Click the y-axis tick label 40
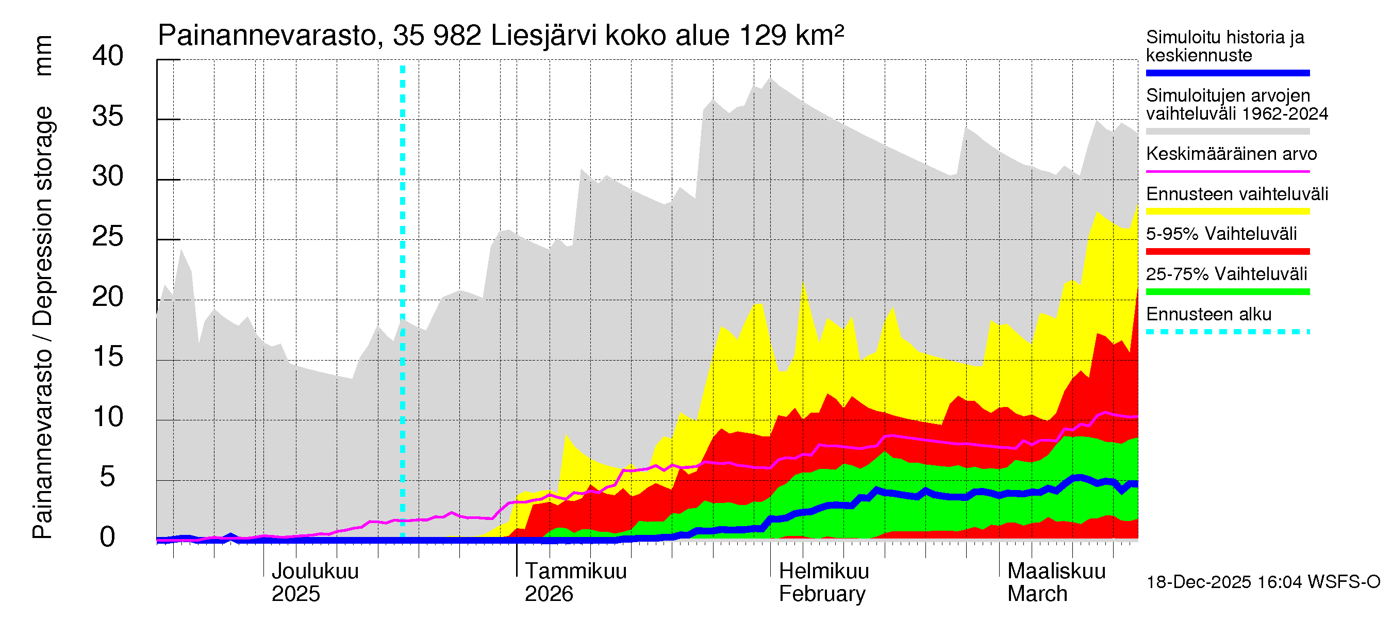click(x=108, y=56)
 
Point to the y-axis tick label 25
click(x=108, y=236)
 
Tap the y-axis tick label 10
click(x=108, y=417)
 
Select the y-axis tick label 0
click(x=108, y=537)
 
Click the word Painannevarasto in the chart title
click(x=267, y=36)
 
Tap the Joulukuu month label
click(x=314, y=571)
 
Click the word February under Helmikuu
click(x=821, y=594)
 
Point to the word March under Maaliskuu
click(x=1037, y=594)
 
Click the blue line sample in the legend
click(x=1227, y=73)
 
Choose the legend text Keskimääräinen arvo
click(x=1231, y=154)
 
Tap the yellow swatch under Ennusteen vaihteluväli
click(x=1227, y=211)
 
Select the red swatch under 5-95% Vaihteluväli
click(x=1227, y=251)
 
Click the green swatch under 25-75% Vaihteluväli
click(x=1227, y=292)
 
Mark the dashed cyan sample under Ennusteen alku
click(x=1227, y=332)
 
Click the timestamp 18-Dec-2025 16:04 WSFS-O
click(x=1263, y=582)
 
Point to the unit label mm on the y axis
click(x=43, y=55)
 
